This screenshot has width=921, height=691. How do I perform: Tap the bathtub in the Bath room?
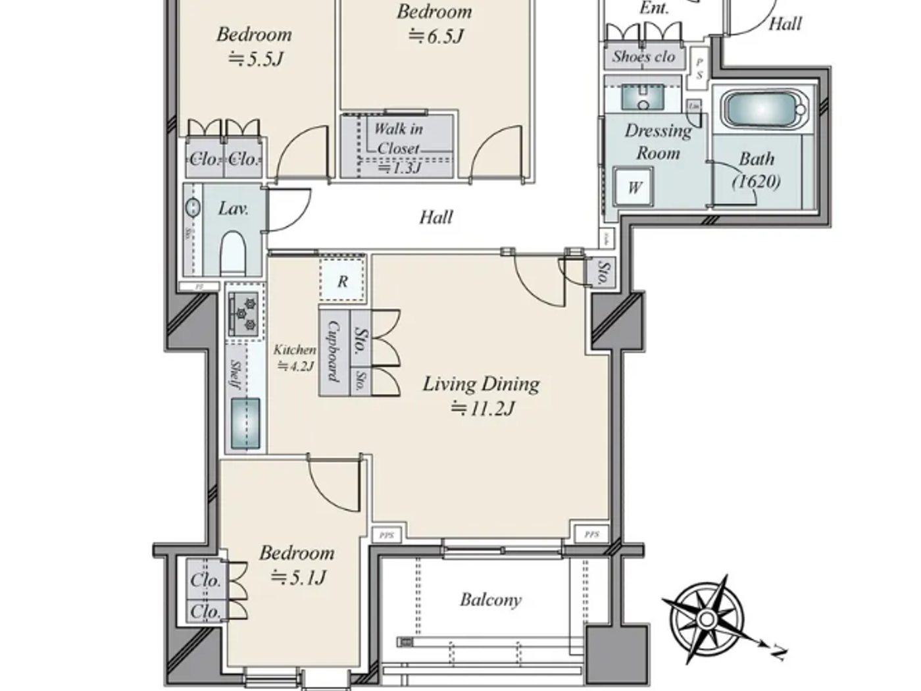pyautogui.click(x=762, y=109)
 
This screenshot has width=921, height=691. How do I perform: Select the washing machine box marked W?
pyautogui.click(x=633, y=187)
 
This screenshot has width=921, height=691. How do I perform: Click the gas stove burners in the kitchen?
pyautogui.click(x=245, y=314)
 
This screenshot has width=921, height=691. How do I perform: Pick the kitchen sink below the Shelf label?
pyautogui.click(x=245, y=423)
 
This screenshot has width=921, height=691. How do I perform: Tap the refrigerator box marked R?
pyautogui.click(x=342, y=281)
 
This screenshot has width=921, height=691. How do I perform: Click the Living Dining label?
pyautogui.click(x=481, y=384)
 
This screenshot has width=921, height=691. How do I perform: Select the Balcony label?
pyautogui.click(x=491, y=600)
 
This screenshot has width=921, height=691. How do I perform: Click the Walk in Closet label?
pyautogui.click(x=398, y=138)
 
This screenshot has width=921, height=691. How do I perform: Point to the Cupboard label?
pyautogui.click(x=334, y=351)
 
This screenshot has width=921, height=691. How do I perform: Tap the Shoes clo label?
pyautogui.click(x=643, y=57)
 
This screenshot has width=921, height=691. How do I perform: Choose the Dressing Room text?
pyautogui.click(x=658, y=141)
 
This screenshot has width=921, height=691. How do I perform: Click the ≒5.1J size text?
pyautogui.click(x=299, y=577)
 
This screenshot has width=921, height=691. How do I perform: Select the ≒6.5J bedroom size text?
pyautogui.click(x=436, y=36)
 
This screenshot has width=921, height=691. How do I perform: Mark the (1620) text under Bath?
pyautogui.click(x=757, y=181)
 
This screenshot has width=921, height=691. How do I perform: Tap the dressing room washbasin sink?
pyautogui.click(x=643, y=99)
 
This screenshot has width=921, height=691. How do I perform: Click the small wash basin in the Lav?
pyautogui.click(x=192, y=207)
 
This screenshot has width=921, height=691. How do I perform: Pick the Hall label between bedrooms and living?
pyautogui.click(x=436, y=217)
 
